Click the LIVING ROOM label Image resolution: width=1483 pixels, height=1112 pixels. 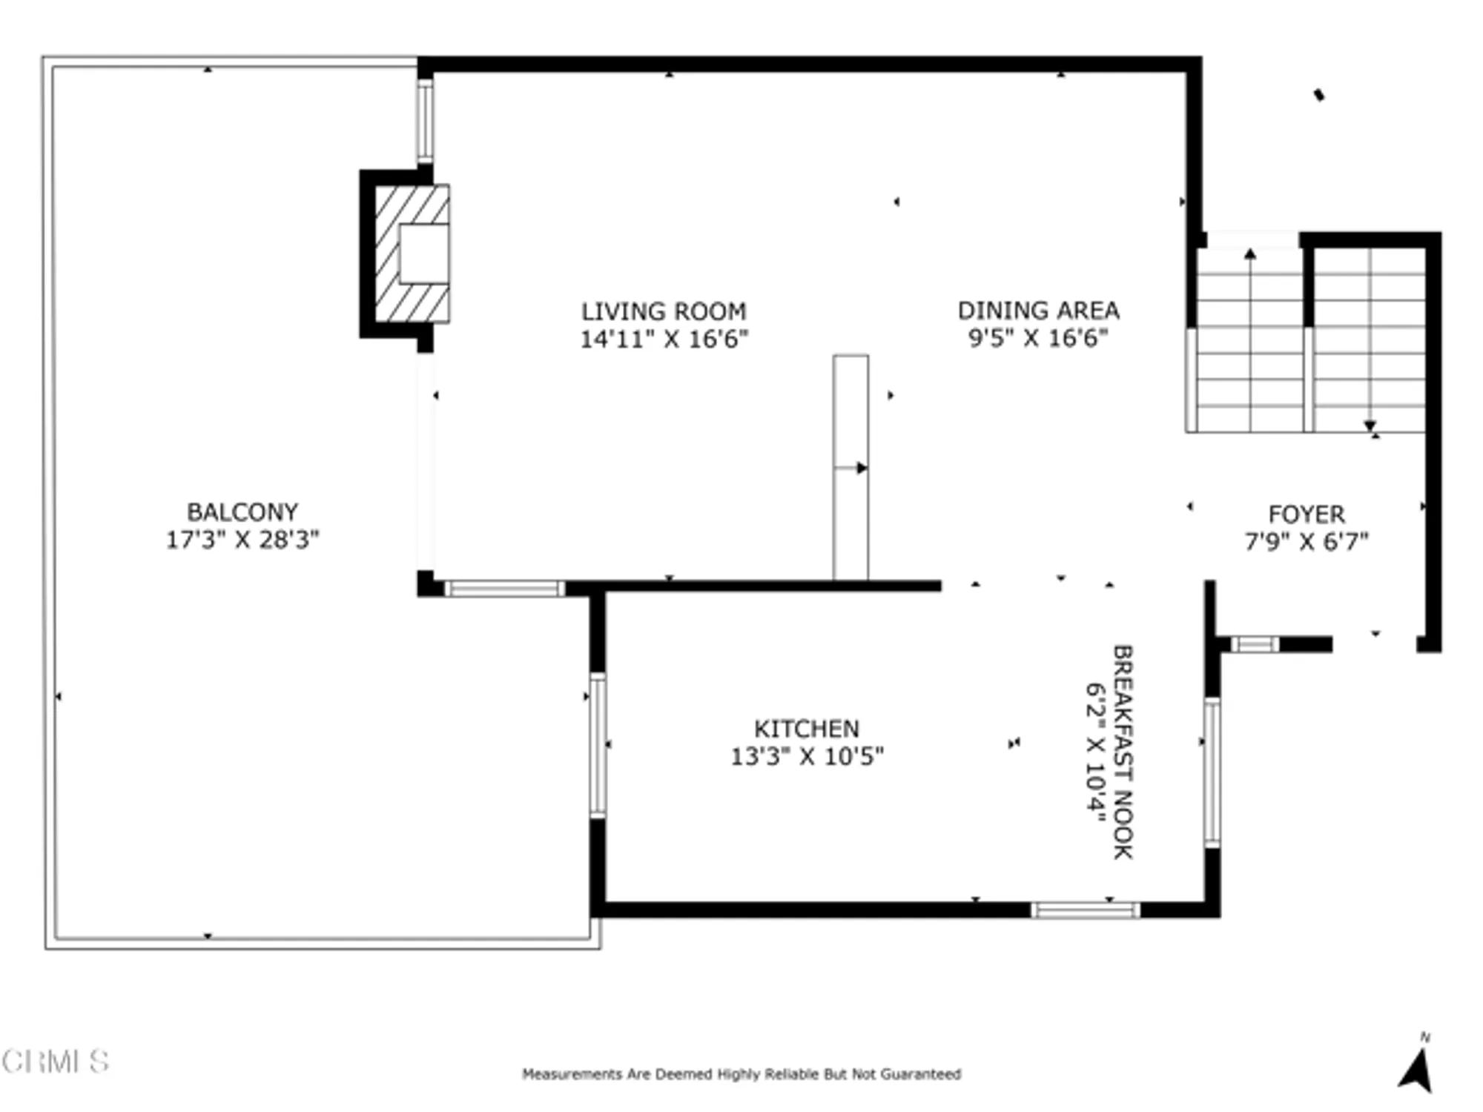[663, 311]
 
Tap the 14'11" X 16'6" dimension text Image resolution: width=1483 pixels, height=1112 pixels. [663, 340]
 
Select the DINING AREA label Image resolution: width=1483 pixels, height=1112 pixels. [1038, 310]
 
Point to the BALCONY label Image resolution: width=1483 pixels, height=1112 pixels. [242, 512]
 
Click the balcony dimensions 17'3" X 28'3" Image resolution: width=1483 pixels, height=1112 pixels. [242, 540]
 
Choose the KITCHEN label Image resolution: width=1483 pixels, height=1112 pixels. [807, 728]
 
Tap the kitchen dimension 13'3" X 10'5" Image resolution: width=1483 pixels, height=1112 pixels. [807, 756]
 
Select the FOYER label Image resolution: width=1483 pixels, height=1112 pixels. [1306, 514]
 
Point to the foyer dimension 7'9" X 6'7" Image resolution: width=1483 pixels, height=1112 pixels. [1306, 542]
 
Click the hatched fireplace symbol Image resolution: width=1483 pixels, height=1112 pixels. [412, 254]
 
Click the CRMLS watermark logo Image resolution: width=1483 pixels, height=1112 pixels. [56, 1062]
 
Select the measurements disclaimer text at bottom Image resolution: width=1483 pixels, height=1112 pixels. [741, 1073]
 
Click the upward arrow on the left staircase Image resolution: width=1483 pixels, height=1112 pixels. [1250, 256]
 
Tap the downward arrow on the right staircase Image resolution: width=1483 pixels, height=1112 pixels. [1370, 426]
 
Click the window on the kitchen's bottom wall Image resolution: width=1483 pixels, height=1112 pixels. [1086, 910]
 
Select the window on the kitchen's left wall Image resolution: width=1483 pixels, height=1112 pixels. [598, 744]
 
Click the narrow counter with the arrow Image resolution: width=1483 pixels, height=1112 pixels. [851, 467]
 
